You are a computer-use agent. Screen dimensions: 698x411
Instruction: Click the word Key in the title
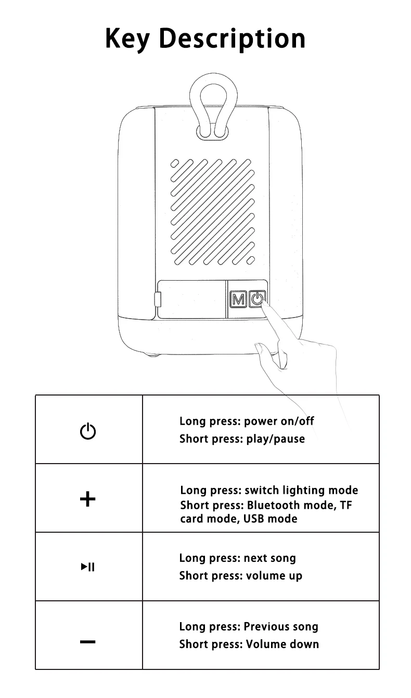(127, 38)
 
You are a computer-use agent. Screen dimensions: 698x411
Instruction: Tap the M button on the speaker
(238, 299)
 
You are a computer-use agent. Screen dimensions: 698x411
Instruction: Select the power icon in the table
(88, 431)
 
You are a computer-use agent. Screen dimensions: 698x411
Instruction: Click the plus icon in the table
(88, 499)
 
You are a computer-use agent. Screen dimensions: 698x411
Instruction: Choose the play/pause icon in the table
(88, 567)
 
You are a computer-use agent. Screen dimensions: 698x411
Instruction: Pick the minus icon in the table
(88, 642)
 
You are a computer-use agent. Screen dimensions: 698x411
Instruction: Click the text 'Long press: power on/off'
(247, 421)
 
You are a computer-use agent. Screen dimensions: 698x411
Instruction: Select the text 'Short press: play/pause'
(242, 439)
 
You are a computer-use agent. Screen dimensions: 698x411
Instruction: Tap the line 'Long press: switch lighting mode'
(269, 490)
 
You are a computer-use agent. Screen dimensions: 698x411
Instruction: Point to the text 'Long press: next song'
(237, 558)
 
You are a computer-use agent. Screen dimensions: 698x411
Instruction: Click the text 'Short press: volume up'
(240, 575)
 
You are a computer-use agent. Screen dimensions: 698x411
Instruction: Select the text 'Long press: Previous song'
(248, 626)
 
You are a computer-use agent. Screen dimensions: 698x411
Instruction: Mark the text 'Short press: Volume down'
(249, 644)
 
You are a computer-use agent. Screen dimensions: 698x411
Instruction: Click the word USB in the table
(255, 519)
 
